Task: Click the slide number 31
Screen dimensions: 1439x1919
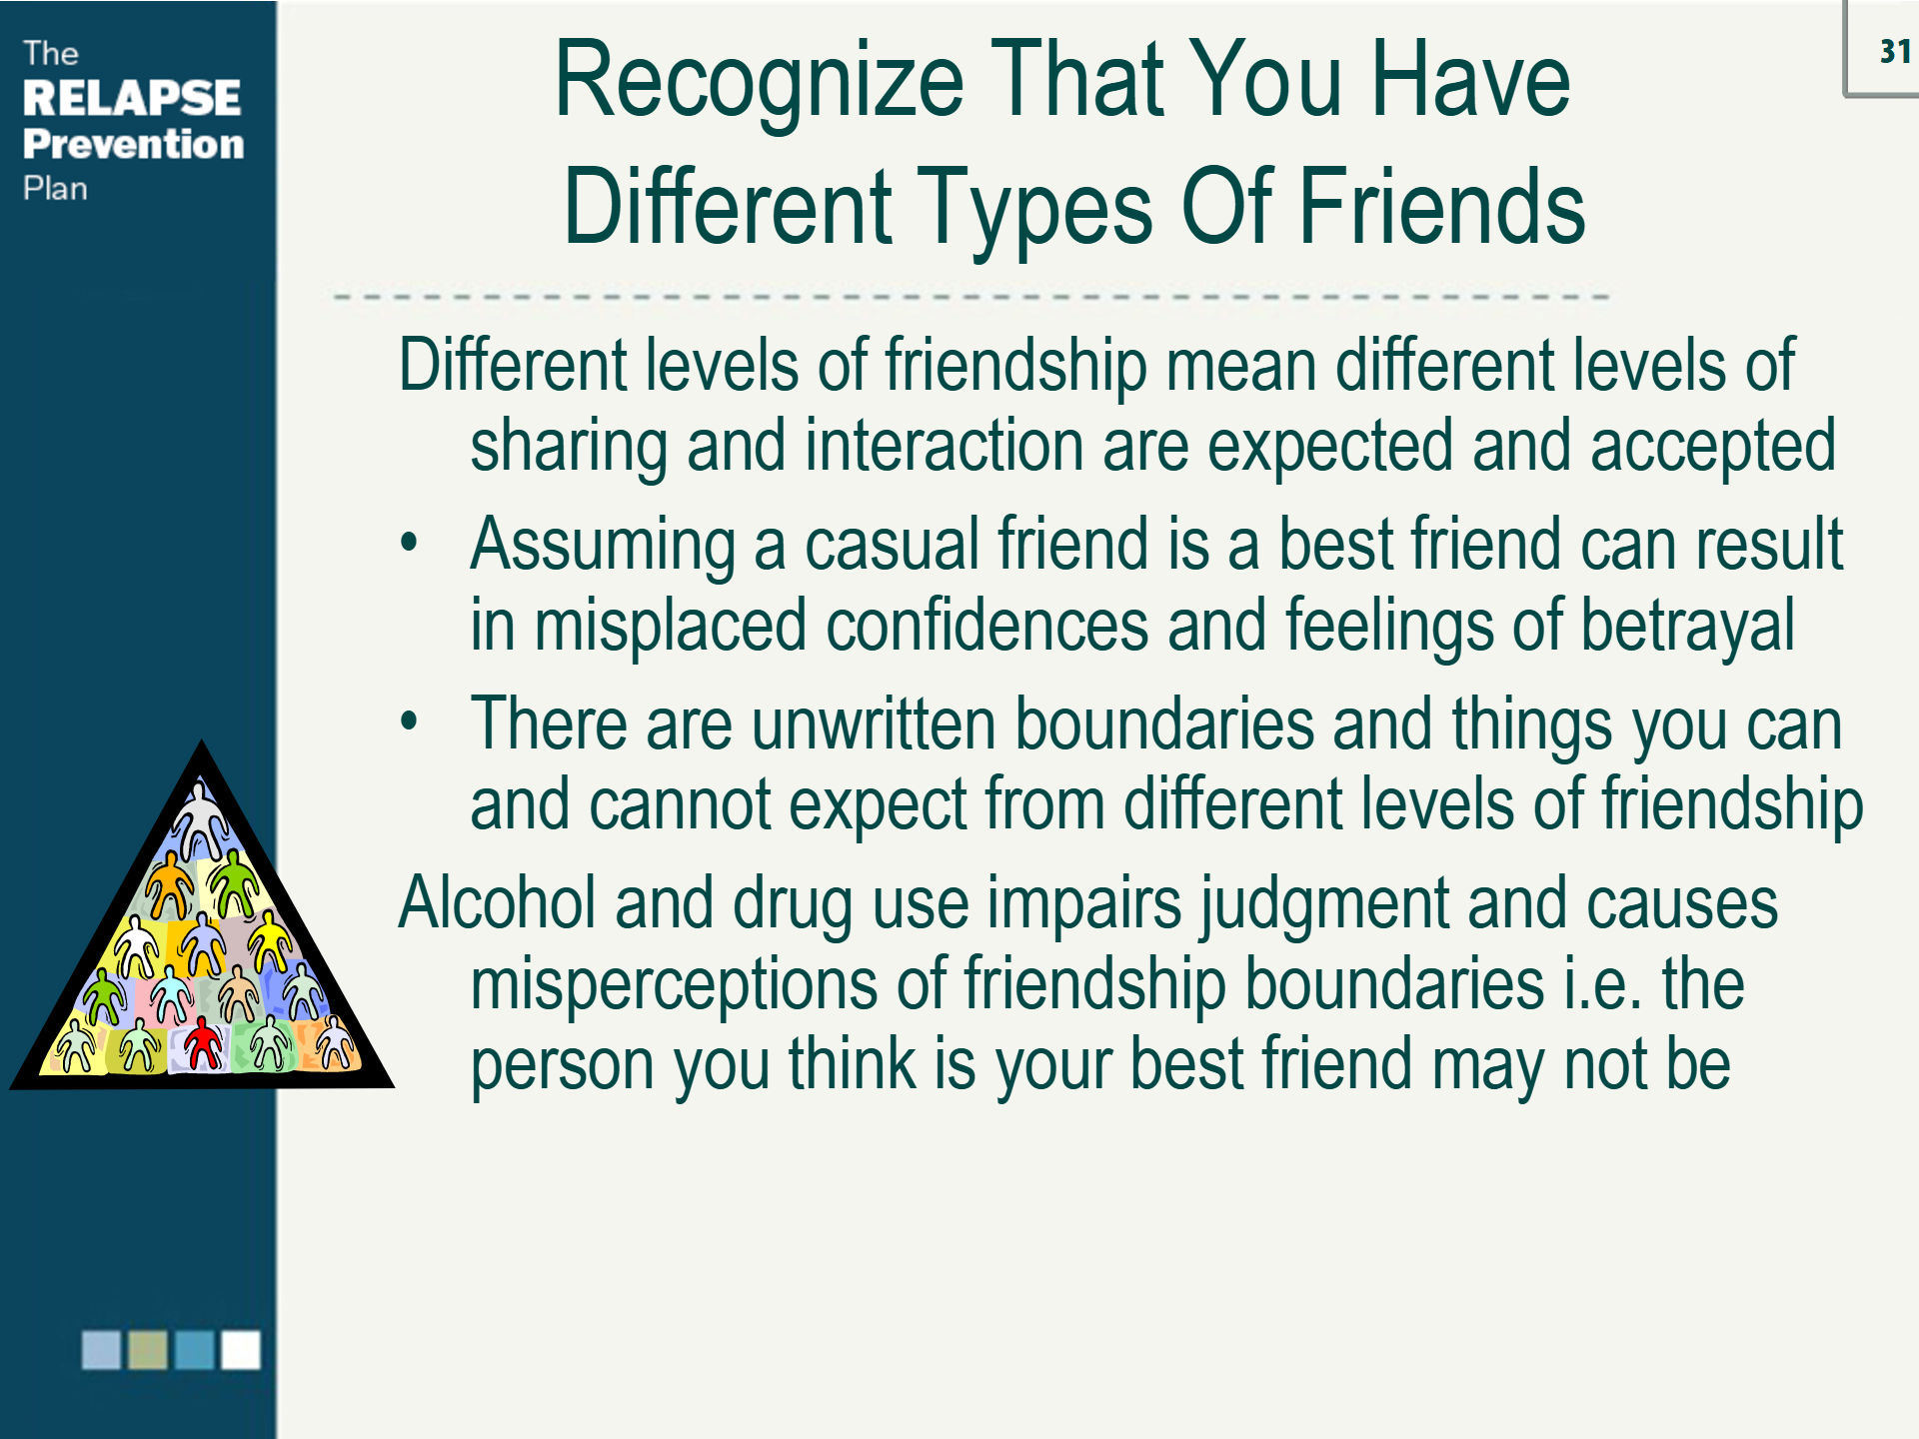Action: (x=1894, y=51)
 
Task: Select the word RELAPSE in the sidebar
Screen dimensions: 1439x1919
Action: (x=131, y=98)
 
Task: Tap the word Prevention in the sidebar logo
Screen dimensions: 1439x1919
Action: (x=133, y=144)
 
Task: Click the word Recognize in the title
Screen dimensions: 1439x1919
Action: (x=759, y=82)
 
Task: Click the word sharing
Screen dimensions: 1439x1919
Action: (x=568, y=446)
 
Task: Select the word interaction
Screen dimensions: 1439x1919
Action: (x=944, y=446)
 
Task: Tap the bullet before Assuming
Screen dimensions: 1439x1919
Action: (x=409, y=543)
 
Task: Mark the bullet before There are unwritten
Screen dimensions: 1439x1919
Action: (x=409, y=720)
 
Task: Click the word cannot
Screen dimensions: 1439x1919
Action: (x=680, y=804)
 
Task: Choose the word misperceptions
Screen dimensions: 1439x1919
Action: (x=673, y=985)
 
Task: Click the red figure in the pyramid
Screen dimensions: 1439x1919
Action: (x=204, y=1043)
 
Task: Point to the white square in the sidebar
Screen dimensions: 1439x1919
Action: (x=240, y=1349)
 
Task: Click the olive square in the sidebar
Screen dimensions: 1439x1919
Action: (x=148, y=1349)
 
